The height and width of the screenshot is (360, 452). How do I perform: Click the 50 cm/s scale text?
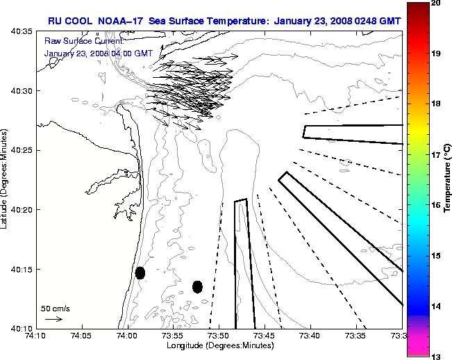tap(54, 308)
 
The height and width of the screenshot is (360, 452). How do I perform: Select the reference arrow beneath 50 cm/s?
tap(53, 319)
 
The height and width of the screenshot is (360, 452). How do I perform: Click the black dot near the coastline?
tap(140, 272)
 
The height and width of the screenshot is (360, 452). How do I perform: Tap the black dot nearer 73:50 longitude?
tap(197, 286)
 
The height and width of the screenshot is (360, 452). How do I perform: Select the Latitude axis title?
tap(6, 179)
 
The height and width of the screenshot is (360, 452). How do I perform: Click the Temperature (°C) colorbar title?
tap(448, 179)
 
